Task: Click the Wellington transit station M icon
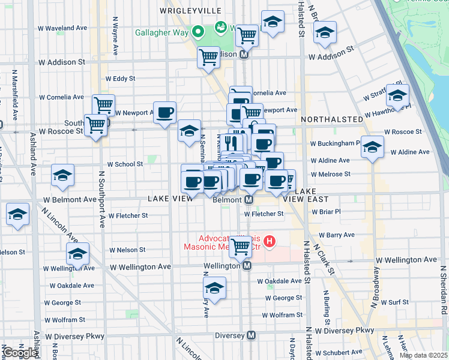coord(247,266)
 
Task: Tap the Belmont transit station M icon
coord(247,199)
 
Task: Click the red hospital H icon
coord(270,242)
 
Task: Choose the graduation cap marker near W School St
coord(62,175)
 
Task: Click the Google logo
coord(20,353)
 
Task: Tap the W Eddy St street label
coord(120,78)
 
